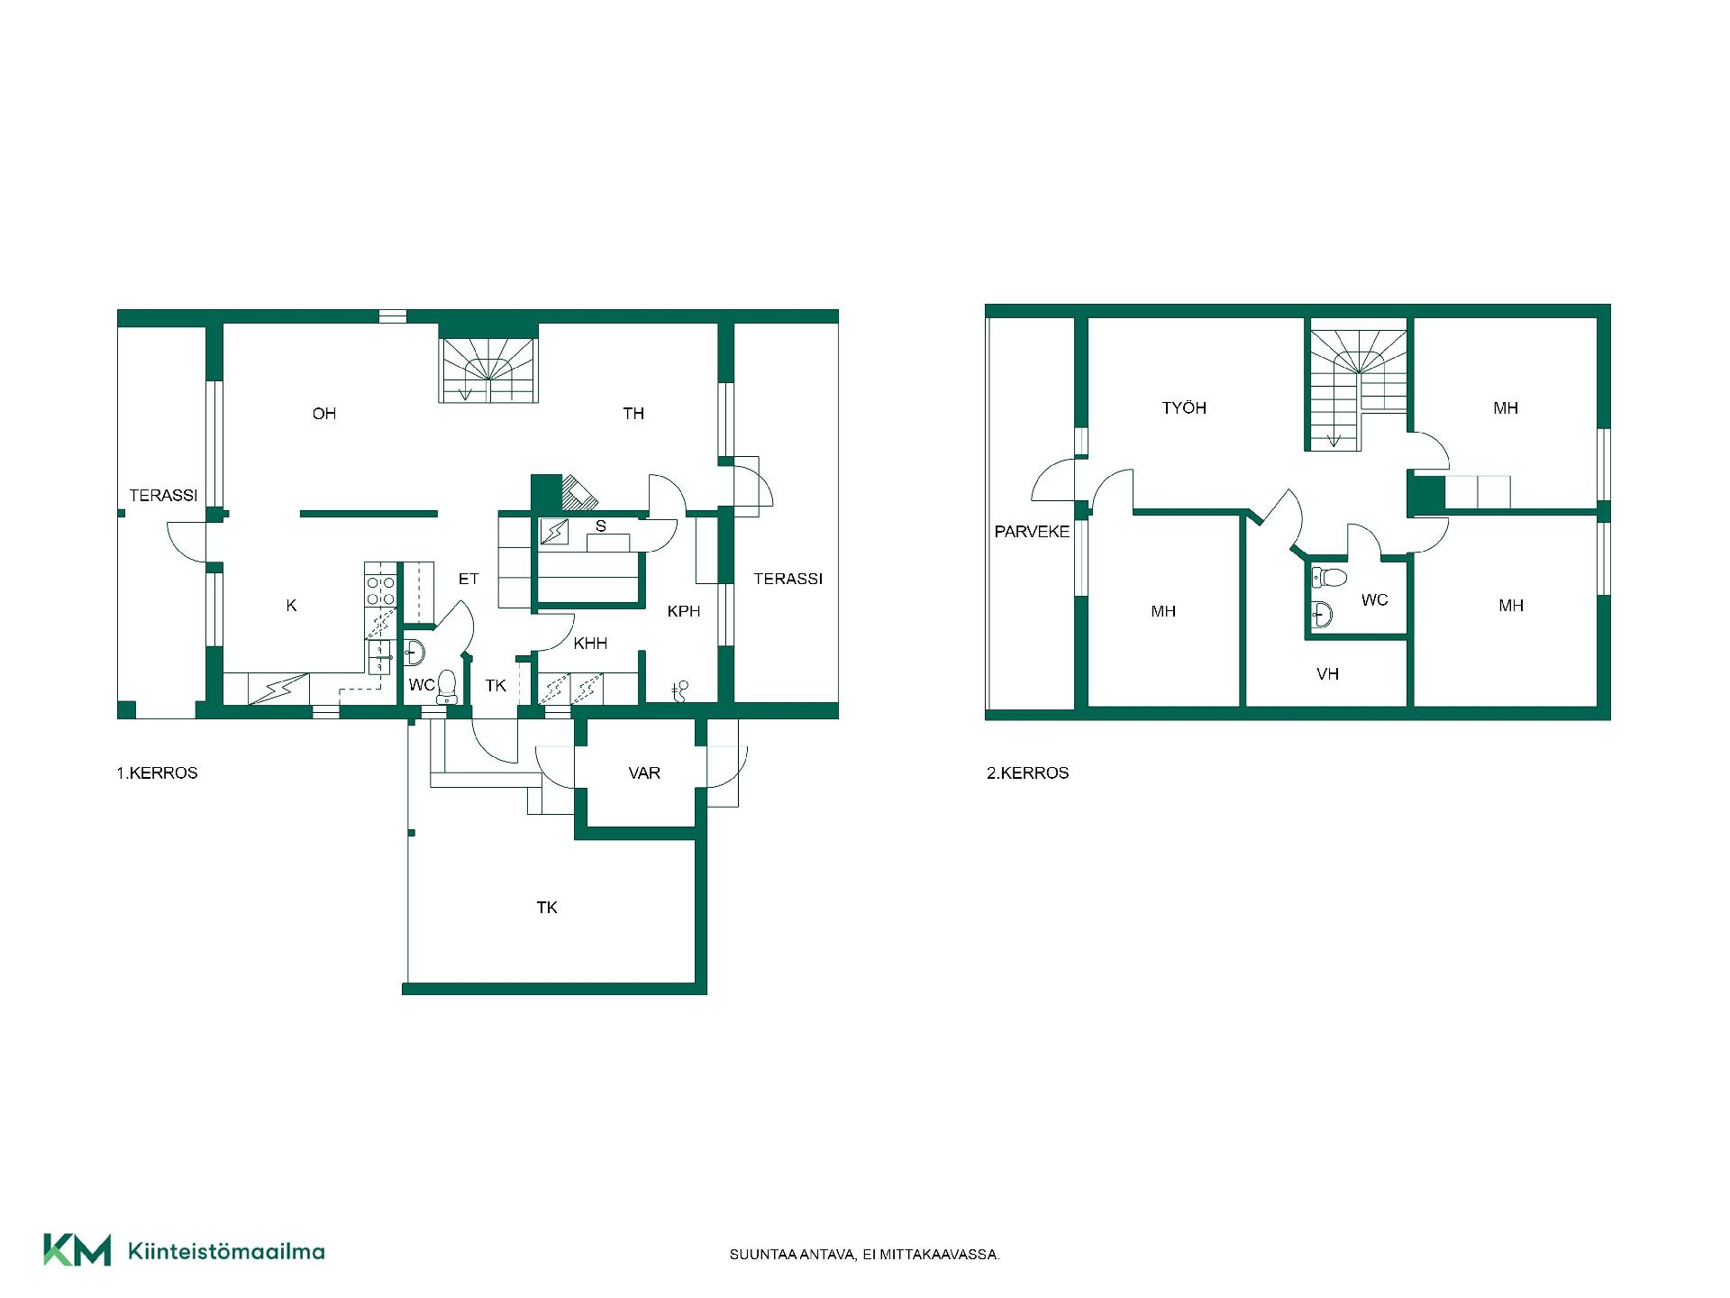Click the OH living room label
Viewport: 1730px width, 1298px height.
pyautogui.click(x=324, y=414)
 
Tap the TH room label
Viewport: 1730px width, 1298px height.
pyautogui.click(x=633, y=414)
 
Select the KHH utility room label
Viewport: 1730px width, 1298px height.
pyautogui.click(x=590, y=643)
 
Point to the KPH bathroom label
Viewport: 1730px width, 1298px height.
pyautogui.click(x=684, y=611)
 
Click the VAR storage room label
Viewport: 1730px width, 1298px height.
pyautogui.click(x=644, y=773)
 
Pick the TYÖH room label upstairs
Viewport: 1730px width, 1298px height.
pyautogui.click(x=1184, y=408)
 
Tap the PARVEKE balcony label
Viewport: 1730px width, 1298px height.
pyautogui.click(x=1032, y=532)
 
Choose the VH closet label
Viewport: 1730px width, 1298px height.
pyautogui.click(x=1327, y=674)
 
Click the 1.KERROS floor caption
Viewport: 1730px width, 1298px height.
pyautogui.click(x=157, y=773)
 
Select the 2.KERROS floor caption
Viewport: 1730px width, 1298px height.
pyautogui.click(x=1028, y=773)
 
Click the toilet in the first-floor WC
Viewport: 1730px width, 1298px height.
pyautogui.click(x=447, y=687)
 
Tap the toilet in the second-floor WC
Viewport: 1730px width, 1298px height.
pyautogui.click(x=1329, y=576)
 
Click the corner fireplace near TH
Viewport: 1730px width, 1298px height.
pyautogui.click(x=578, y=492)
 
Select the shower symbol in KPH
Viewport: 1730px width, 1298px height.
pyautogui.click(x=680, y=690)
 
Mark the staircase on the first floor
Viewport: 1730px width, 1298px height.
pyautogui.click(x=488, y=370)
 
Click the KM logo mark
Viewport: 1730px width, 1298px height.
pyautogui.click(x=77, y=1249)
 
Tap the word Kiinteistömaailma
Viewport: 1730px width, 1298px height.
pyautogui.click(x=226, y=1251)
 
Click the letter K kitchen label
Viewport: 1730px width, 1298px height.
pyautogui.click(x=291, y=606)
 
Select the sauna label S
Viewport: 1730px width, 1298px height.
pyautogui.click(x=601, y=526)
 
